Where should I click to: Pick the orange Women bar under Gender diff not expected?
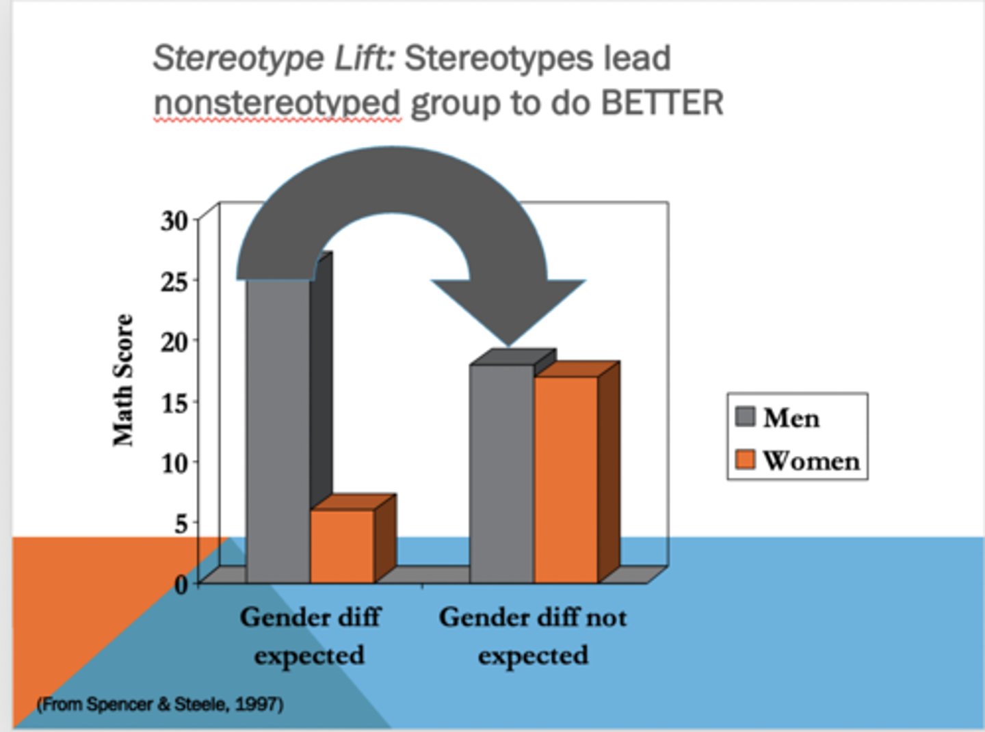click(566, 478)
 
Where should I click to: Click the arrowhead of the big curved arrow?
click(508, 308)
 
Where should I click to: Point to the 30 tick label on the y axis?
click(174, 221)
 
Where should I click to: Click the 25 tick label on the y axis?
click(174, 281)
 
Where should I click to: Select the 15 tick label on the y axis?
click(174, 403)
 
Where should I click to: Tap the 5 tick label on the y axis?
click(181, 524)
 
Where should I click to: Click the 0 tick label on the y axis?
click(181, 585)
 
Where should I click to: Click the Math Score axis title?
click(123, 380)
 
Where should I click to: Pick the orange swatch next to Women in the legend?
click(745, 459)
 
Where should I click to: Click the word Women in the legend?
click(811, 461)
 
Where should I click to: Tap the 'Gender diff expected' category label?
click(310, 636)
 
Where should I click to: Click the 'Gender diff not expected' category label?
click(533, 636)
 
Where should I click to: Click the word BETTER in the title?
click(661, 104)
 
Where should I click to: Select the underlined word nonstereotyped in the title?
click(277, 104)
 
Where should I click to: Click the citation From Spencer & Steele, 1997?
click(160, 704)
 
